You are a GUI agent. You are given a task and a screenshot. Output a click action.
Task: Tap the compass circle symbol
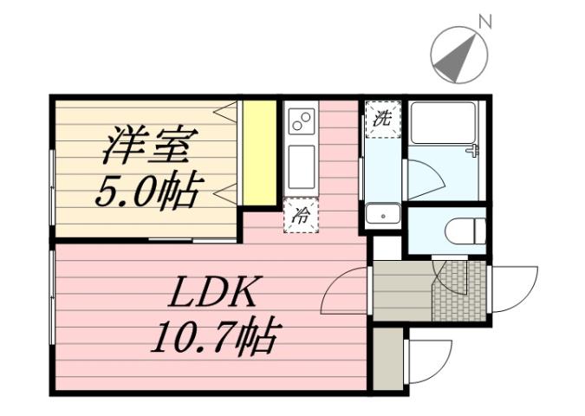point(458,55)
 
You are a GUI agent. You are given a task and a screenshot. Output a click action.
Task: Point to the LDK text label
point(212,295)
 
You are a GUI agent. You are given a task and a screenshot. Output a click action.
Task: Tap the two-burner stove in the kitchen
point(302,122)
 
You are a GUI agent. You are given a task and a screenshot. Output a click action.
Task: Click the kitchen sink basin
point(302,166)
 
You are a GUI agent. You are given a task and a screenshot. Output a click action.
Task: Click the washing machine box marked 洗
point(381,120)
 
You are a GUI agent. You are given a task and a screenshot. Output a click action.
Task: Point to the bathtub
point(443,122)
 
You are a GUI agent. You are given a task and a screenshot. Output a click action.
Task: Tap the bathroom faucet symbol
point(472,152)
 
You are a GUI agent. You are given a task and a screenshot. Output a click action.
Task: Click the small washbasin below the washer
point(381,214)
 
